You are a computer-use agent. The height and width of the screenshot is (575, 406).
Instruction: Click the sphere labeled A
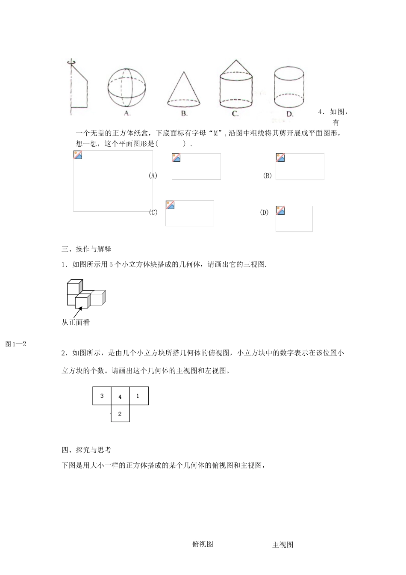(x=127, y=87)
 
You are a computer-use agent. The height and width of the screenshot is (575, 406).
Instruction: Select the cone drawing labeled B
(x=183, y=89)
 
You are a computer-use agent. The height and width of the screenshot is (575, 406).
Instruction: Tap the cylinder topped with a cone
(x=235, y=84)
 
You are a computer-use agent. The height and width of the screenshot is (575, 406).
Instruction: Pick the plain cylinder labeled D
(x=289, y=87)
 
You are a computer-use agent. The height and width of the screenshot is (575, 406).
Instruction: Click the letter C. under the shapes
(x=235, y=114)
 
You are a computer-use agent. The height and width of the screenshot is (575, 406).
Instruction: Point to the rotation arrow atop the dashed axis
(x=71, y=62)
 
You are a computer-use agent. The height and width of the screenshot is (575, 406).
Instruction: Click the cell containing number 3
(x=102, y=396)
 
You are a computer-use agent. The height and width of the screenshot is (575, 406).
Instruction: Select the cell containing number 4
(x=120, y=396)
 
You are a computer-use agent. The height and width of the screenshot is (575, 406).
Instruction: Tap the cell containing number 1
(x=138, y=396)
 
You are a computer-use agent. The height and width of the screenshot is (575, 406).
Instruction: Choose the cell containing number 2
(x=120, y=414)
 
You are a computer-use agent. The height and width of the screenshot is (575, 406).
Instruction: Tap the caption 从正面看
(x=76, y=323)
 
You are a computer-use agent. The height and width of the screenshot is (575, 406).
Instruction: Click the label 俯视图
(x=203, y=544)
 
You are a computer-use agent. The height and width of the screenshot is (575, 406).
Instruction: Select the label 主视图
(x=283, y=545)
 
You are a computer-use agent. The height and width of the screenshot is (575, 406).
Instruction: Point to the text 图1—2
(x=16, y=344)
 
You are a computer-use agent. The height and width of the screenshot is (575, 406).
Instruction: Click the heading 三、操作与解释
(x=86, y=249)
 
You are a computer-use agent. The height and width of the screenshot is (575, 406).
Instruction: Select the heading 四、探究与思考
(x=86, y=450)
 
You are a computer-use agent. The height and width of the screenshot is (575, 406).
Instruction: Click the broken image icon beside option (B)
(x=280, y=158)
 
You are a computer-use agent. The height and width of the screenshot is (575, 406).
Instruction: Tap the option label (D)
(x=264, y=212)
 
